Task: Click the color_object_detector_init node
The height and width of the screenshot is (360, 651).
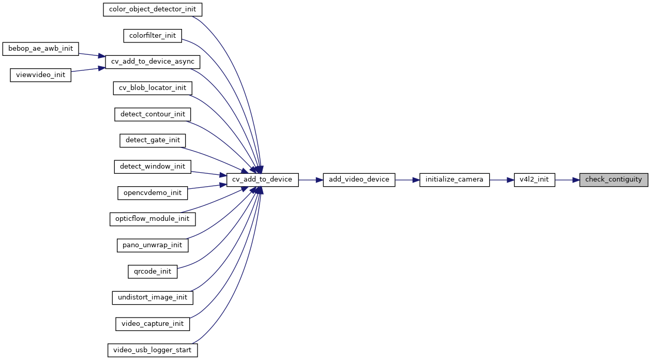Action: (x=153, y=9)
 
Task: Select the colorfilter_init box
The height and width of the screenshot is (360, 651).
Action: (x=153, y=36)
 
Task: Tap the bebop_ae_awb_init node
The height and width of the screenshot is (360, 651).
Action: (x=41, y=49)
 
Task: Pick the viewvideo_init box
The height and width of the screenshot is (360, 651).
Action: (x=41, y=74)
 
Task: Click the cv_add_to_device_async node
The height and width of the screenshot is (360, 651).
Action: (x=153, y=62)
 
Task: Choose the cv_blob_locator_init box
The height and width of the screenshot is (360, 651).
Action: (x=153, y=88)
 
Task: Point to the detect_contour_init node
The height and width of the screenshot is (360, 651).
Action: (x=153, y=114)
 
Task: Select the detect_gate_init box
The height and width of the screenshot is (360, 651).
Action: (x=153, y=140)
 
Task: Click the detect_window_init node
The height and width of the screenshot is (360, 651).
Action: (x=153, y=166)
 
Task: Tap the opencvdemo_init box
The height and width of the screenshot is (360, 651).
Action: (x=153, y=192)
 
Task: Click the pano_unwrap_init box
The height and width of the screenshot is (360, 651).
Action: (x=153, y=245)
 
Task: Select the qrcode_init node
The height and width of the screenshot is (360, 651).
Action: (x=153, y=271)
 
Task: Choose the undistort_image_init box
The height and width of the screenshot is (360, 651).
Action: (x=153, y=297)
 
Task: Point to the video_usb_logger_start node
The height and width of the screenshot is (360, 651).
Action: (x=153, y=350)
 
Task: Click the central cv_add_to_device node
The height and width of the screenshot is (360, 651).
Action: (x=262, y=179)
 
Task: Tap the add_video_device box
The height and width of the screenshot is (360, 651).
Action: (x=359, y=179)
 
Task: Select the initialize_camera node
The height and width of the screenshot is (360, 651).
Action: (x=454, y=179)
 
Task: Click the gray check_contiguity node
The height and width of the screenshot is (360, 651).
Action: (x=613, y=179)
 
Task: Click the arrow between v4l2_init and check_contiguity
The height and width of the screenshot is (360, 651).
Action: (x=567, y=179)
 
